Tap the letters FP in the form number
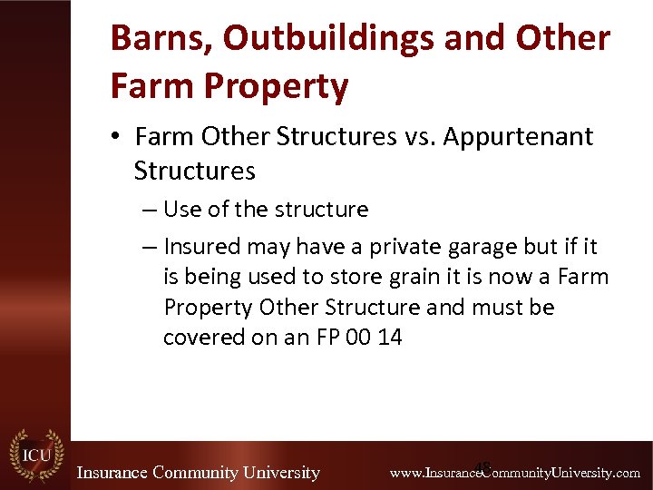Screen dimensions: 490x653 tap(329, 338)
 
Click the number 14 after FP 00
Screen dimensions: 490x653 tap(390, 338)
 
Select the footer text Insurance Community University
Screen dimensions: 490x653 tap(198, 473)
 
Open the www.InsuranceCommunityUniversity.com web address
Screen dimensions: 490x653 tap(514, 473)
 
